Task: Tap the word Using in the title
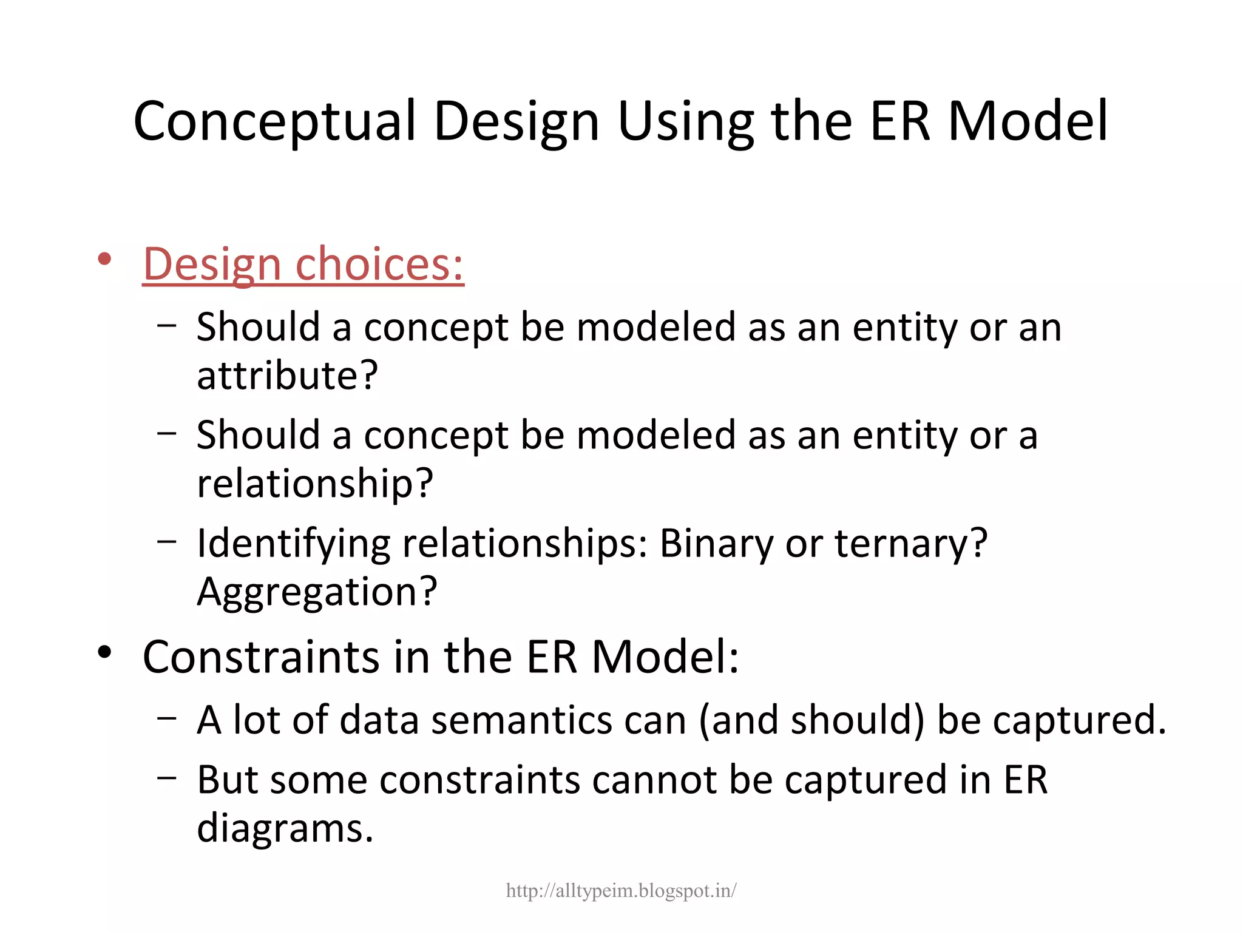coord(686,121)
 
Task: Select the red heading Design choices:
coord(303,265)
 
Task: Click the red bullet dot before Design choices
coord(104,260)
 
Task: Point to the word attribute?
coord(287,375)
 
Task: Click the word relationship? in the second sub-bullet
coord(315,483)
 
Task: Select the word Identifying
coord(293,544)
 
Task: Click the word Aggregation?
coord(317,591)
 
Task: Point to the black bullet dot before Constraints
coord(104,652)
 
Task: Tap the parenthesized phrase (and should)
coord(811,720)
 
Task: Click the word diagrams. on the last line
coord(285,828)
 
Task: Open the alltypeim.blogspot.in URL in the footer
coord(621,891)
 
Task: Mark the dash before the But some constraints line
coord(166,777)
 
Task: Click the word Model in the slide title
coord(1028,121)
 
